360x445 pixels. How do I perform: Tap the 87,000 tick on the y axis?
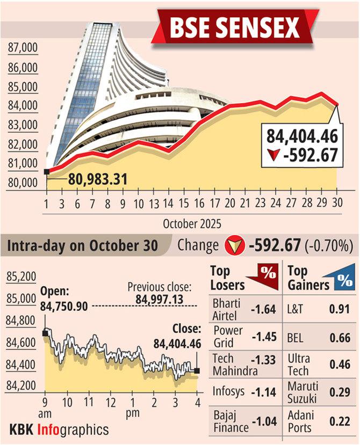[x=23, y=48]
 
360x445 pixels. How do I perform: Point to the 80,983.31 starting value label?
[x=97, y=178]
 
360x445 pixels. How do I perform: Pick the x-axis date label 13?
[x=154, y=205]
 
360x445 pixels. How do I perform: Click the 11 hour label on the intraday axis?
[x=89, y=402]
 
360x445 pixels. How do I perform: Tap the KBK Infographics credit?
[x=59, y=429]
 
